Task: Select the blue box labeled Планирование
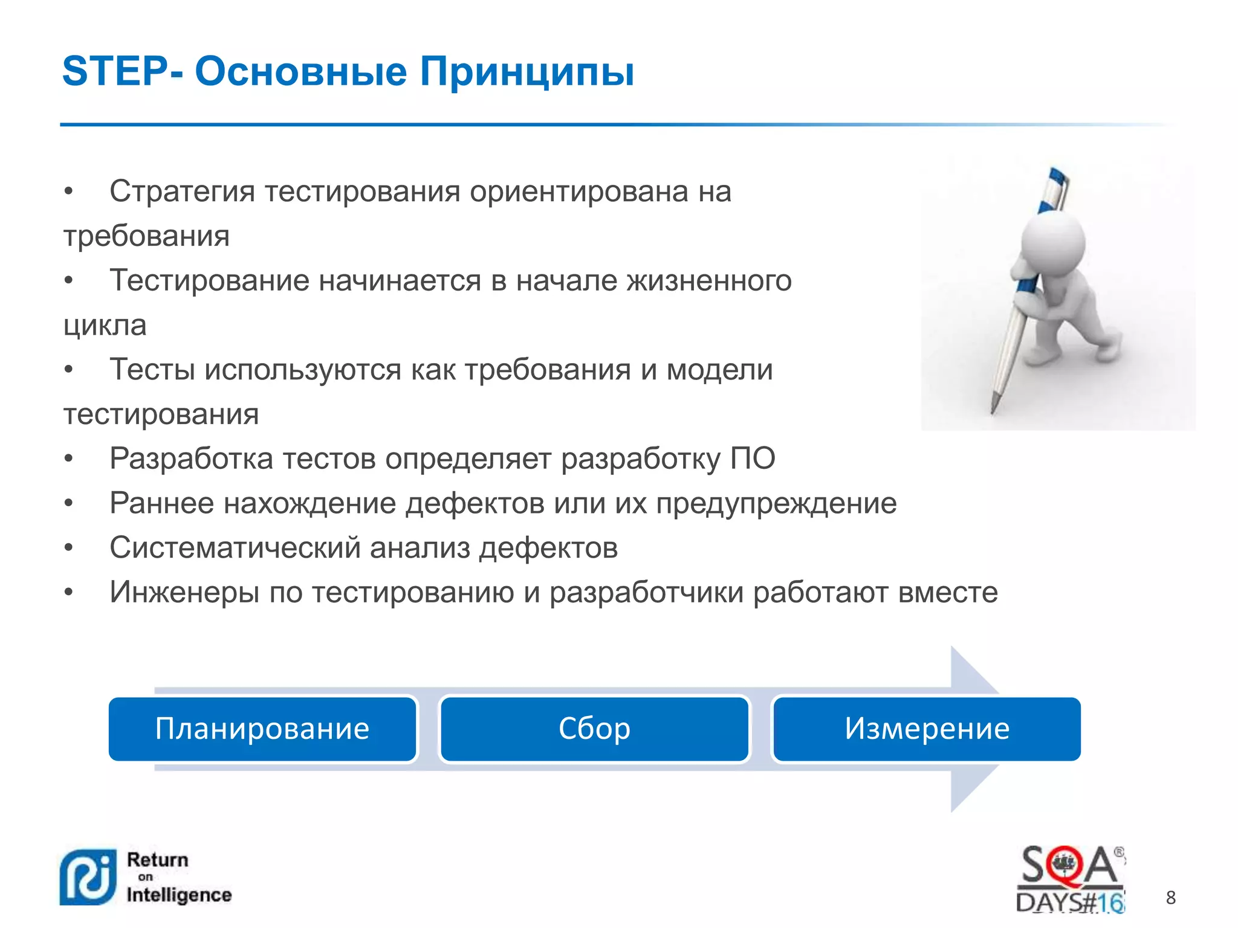[262, 729]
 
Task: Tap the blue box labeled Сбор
[595, 729]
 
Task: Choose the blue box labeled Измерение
[927, 729]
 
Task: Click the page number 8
[1171, 898]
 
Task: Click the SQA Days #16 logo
[1071, 879]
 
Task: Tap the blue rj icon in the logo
[88, 877]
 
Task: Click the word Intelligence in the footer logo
[179, 895]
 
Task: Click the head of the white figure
[1053, 242]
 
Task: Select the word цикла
[105, 326]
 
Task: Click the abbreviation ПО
[753, 459]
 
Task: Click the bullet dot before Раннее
[69, 503]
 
